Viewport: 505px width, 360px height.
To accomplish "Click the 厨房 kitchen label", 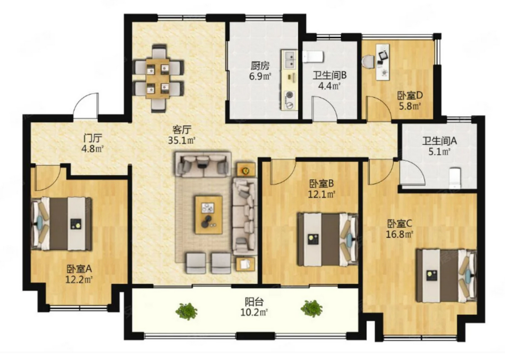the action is (260, 66).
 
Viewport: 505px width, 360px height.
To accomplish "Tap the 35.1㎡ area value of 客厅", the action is (182, 140).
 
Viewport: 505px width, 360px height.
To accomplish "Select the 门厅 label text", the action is (93, 138).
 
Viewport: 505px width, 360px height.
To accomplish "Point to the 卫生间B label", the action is (330, 76).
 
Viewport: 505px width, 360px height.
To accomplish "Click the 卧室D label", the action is (410, 96).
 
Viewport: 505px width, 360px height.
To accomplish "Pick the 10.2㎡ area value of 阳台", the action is (254, 312).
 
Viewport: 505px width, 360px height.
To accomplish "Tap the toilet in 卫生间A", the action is (455, 178).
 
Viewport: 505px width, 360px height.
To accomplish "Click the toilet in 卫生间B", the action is (313, 57).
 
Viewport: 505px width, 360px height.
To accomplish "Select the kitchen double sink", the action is (289, 60).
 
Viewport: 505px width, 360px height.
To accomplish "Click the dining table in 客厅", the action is (158, 78).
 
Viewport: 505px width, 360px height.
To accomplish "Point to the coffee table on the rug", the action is (209, 215).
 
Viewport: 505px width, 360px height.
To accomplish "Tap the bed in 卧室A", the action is (61, 223).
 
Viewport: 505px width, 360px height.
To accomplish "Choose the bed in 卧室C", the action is (446, 275).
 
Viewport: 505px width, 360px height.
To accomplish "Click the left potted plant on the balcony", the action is (187, 311).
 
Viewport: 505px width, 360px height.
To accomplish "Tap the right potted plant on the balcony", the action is (312, 309).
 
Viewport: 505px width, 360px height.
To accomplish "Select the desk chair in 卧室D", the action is (368, 62).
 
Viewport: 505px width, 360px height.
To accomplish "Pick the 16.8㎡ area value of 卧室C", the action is (400, 234).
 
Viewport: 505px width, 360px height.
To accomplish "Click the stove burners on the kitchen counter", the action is (290, 100).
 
